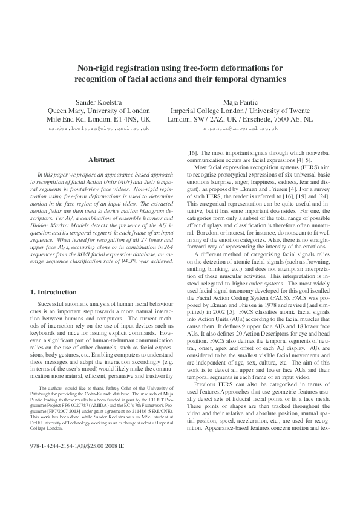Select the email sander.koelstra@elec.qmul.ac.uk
[99, 129]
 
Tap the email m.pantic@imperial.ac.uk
[241, 129]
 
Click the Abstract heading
[99, 160]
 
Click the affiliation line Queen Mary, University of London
[99, 111]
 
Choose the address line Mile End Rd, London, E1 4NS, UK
[99, 120]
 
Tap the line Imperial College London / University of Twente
[240, 111]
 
